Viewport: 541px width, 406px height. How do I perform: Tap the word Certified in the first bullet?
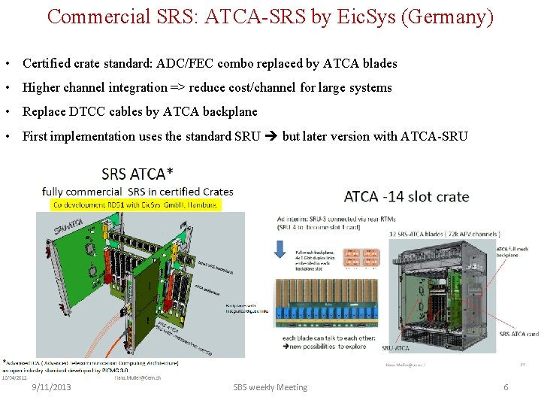[48, 63]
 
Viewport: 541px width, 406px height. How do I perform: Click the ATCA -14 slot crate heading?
[407, 197]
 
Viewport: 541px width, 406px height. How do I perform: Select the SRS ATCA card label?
[518, 334]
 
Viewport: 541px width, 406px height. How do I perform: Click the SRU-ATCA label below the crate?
[397, 348]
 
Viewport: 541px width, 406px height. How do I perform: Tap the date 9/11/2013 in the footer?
[51, 387]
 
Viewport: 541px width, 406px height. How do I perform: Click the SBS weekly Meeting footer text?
[270, 387]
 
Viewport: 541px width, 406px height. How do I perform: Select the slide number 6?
[506, 387]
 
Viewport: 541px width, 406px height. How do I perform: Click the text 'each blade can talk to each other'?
[325, 338]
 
